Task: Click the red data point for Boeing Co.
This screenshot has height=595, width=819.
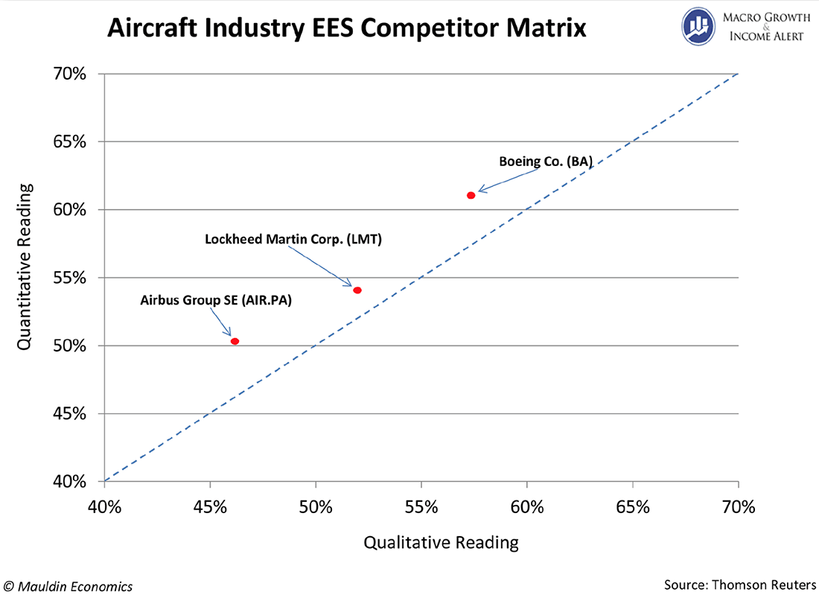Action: [x=471, y=195]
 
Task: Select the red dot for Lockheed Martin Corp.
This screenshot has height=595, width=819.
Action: [x=357, y=290]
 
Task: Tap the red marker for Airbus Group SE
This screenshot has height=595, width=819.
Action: [x=235, y=341]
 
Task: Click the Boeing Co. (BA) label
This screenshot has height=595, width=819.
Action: [x=545, y=161]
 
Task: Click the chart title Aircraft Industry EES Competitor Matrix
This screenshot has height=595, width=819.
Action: [x=347, y=28]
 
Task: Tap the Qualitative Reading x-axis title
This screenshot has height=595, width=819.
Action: [x=441, y=542]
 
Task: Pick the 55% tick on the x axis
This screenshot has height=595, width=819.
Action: [x=421, y=508]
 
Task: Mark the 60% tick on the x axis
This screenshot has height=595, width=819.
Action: [x=527, y=508]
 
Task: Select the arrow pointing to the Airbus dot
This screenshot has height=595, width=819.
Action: [x=220, y=323]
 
